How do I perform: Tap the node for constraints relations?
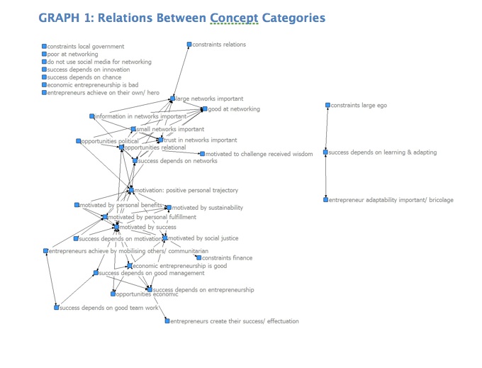[x=189, y=45]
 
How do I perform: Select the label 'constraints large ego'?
[x=359, y=106]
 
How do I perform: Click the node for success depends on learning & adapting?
[x=325, y=152]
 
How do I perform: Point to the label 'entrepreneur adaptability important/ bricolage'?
[x=391, y=200]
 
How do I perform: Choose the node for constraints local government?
[x=44, y=46]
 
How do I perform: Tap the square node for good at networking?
[x=204, y=109]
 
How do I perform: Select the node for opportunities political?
[x=79, y=141]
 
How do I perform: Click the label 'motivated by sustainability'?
[x=207, y=208]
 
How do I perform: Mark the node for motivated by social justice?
[x=165, y=238]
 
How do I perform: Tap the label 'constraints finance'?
[x=227, y=258]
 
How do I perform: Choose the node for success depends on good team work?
[x=56, y=308]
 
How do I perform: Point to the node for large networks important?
[x=172, y=99]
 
